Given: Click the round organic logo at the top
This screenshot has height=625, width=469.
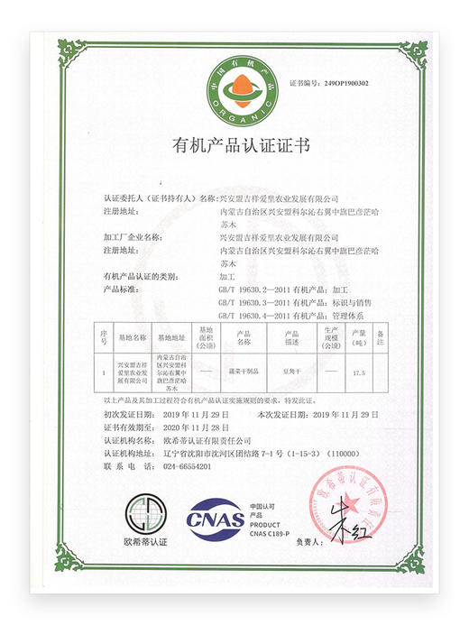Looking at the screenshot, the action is (234, 88).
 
